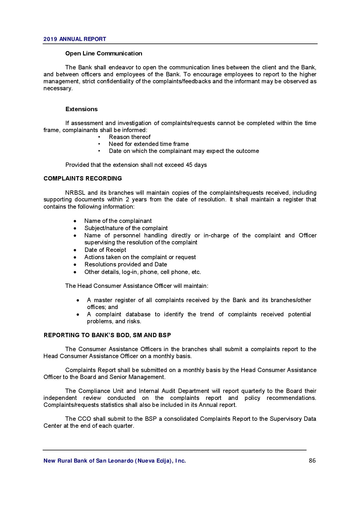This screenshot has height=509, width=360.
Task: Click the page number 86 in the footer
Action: coord(312,461)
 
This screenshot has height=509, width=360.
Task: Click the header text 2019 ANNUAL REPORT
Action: coord(75,39)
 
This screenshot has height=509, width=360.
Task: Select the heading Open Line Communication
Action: coord(104,53)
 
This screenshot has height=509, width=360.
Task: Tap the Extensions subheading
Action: coord(81,109)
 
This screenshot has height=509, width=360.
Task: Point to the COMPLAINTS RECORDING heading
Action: coord(83,178)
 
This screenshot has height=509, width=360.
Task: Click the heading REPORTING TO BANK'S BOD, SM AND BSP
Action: coord(107,335)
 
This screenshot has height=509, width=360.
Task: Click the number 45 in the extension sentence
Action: coord(189,165)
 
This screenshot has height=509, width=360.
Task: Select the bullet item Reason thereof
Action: coord(129,137)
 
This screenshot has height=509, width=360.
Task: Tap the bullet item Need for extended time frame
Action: coord(149,144)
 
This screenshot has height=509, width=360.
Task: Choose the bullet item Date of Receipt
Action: coord(105,250)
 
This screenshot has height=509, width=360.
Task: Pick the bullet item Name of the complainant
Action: coord(118,221)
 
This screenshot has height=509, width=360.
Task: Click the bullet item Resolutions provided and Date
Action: coord(126,264)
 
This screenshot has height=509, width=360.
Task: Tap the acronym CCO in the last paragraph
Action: coord(84,419)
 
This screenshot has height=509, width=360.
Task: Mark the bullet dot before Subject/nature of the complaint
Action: coord(75,228)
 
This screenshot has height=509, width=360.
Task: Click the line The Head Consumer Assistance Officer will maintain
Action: coord(136,286)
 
